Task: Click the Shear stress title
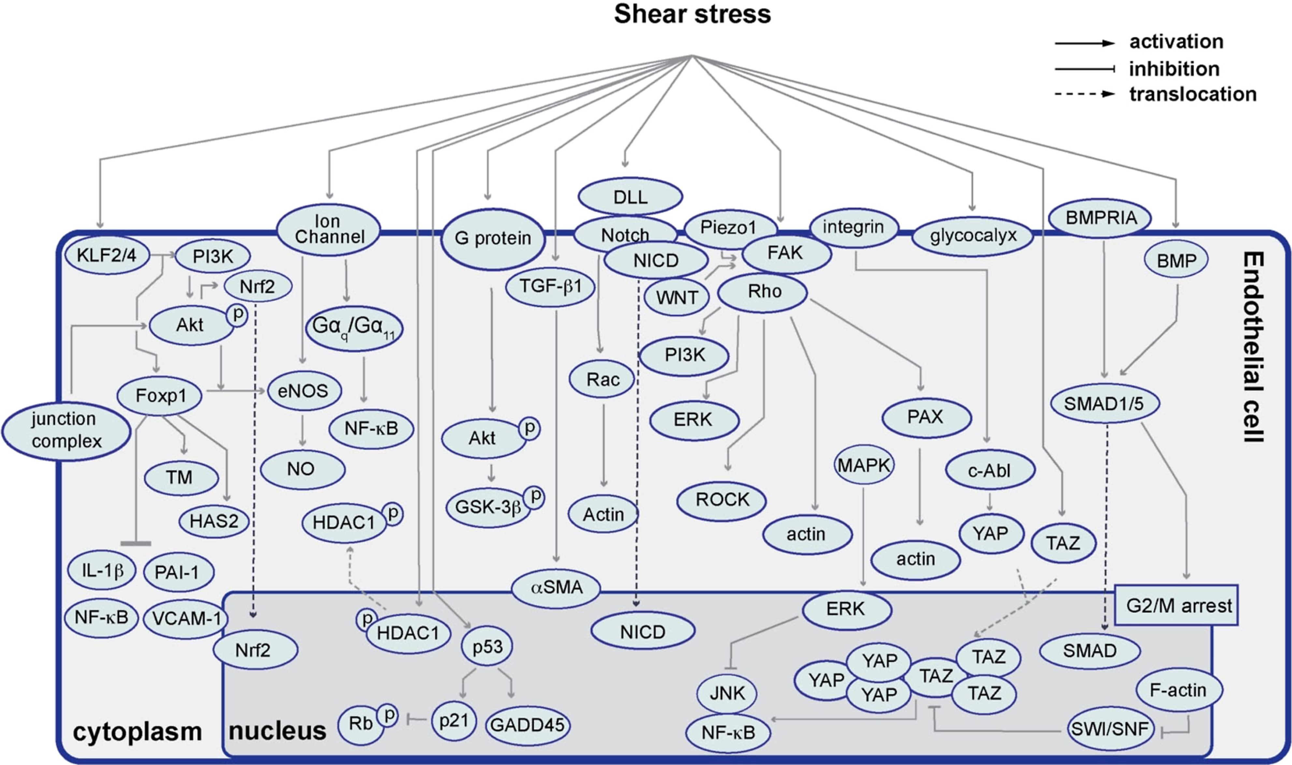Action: [692, 14]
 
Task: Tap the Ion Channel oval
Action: [329, 230]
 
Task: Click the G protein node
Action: [493, 239]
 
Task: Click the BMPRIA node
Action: [1101, 218]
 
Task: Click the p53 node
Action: [487, 646]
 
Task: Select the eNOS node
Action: [304, 391]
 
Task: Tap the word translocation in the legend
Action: [1193, 94]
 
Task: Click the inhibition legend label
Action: [1174, 68]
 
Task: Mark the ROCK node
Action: [721, 500]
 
